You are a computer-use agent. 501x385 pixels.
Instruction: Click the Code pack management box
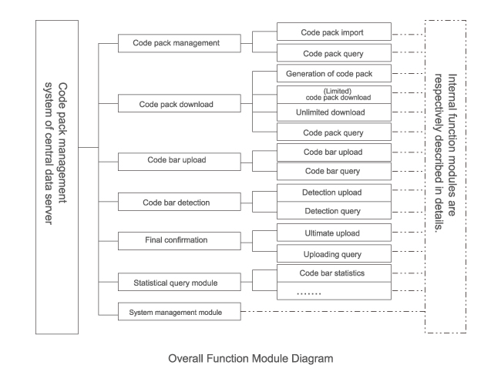point(177,44)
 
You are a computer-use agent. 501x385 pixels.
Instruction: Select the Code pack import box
point(333,34)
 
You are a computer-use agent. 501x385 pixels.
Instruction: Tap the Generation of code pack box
point(333,74)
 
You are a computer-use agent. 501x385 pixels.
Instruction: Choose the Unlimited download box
point(333,112)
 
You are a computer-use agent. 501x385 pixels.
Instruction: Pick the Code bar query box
point(333,170)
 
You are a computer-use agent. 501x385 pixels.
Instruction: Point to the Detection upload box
point(333,191)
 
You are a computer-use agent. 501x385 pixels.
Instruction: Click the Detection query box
point(333,210)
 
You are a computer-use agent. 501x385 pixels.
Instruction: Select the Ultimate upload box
point(333,232)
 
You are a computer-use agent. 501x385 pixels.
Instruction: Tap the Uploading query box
point(333,253)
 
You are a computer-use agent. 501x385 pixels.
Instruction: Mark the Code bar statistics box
point(333,273)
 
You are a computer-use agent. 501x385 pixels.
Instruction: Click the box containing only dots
point(333,292)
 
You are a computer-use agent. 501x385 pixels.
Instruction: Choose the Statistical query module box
point(177,283)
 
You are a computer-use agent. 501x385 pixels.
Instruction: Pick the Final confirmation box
point(177,240)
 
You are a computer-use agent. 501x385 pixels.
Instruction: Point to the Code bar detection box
point(177,203)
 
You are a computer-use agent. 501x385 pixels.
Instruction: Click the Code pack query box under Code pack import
point(333,54)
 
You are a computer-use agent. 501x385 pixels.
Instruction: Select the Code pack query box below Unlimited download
point(333,133)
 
